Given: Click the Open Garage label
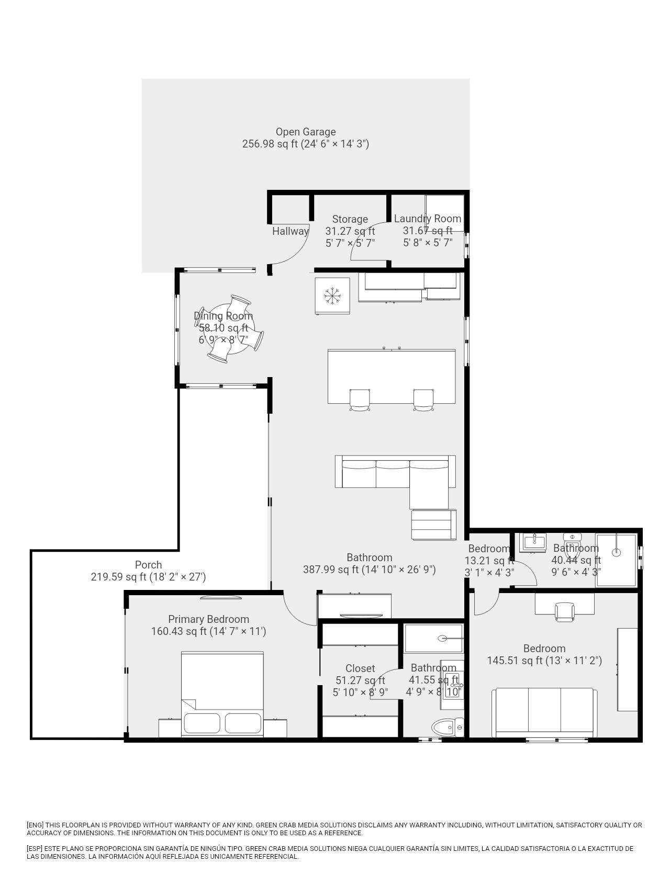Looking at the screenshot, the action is pos(306,132).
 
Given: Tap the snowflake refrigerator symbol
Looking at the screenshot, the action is pos(332,296).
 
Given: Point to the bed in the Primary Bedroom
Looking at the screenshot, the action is pos(222,694).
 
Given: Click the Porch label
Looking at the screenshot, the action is pos(148,565).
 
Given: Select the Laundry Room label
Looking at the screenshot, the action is pos(428,219).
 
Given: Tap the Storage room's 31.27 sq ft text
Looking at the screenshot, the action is pos(350,231).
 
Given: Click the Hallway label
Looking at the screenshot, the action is pos(290,231).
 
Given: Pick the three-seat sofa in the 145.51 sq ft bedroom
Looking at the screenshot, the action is pos(544,713).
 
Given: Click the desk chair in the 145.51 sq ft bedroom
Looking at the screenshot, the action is pos(565,612).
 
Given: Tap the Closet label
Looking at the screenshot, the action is pos(360,668).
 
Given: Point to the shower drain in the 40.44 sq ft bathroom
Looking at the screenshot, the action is pos(616,552).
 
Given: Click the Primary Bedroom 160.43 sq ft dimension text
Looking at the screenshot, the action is pos(208,631).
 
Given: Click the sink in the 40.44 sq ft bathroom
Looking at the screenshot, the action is pos(533,542).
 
